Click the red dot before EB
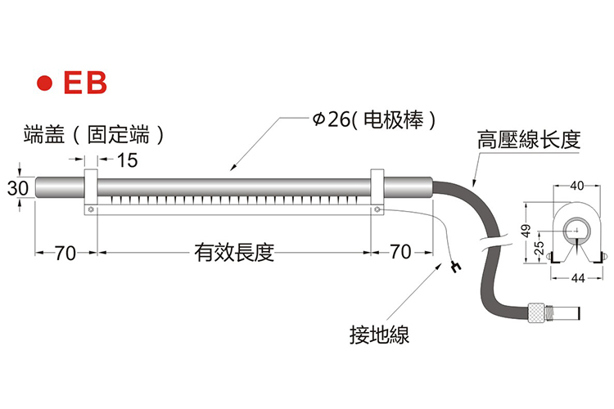44,83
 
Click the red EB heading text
85,83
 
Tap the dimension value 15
127,160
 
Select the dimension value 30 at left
18,188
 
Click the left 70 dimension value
65,253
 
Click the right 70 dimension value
400,252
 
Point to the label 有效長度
234,253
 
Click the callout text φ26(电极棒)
374,119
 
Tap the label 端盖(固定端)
94,135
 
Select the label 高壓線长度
529,140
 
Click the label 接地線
379,335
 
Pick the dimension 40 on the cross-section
577,186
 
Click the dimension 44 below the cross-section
578,278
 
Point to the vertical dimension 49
526,231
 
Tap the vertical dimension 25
540,248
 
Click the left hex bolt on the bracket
91,209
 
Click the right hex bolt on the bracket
377,209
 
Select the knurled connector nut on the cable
535,312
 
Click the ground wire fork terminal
455,266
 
